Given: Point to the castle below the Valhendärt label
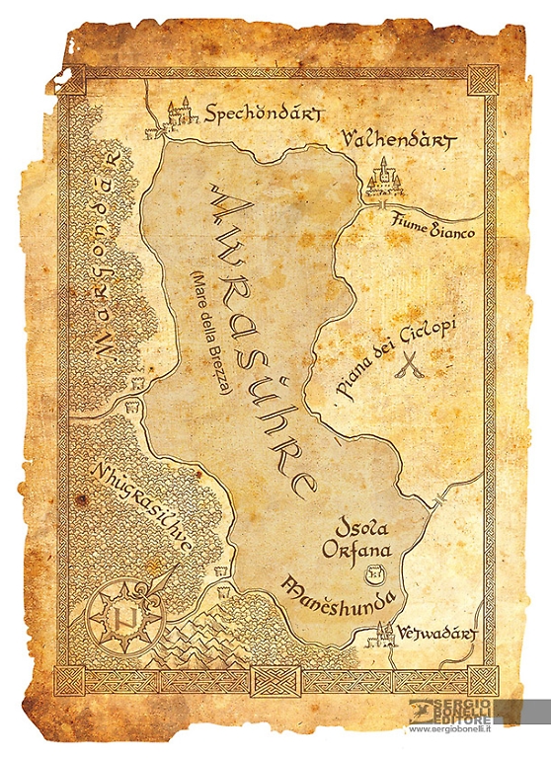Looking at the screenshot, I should (380, 183).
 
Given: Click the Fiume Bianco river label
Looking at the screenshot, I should (433, 229).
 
